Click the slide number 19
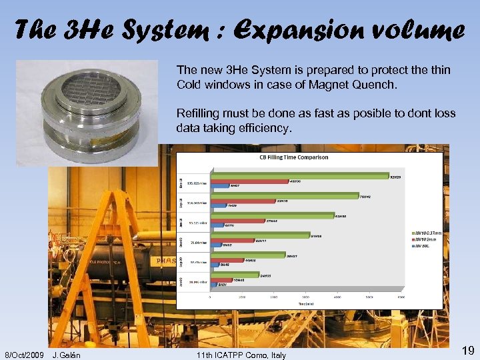click(467, 351)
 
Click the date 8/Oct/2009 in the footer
click(25, 355)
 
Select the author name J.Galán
click(67, 355)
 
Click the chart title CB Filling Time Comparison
click(293, 157)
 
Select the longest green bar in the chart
click(300, 176)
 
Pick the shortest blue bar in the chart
click(213, 284)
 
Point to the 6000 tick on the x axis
click(400, 296)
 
